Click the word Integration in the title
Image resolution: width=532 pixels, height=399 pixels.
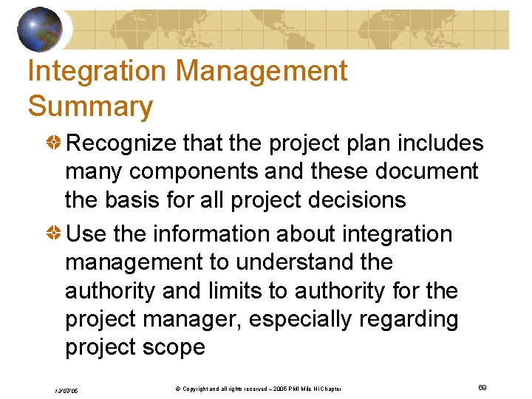[97, 72]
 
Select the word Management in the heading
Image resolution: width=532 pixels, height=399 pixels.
[262, 72]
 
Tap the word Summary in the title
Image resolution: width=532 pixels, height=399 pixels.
[90, 107]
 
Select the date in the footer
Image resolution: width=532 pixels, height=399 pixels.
[66, 390]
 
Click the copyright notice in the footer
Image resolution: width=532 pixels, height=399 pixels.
[252, 389]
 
